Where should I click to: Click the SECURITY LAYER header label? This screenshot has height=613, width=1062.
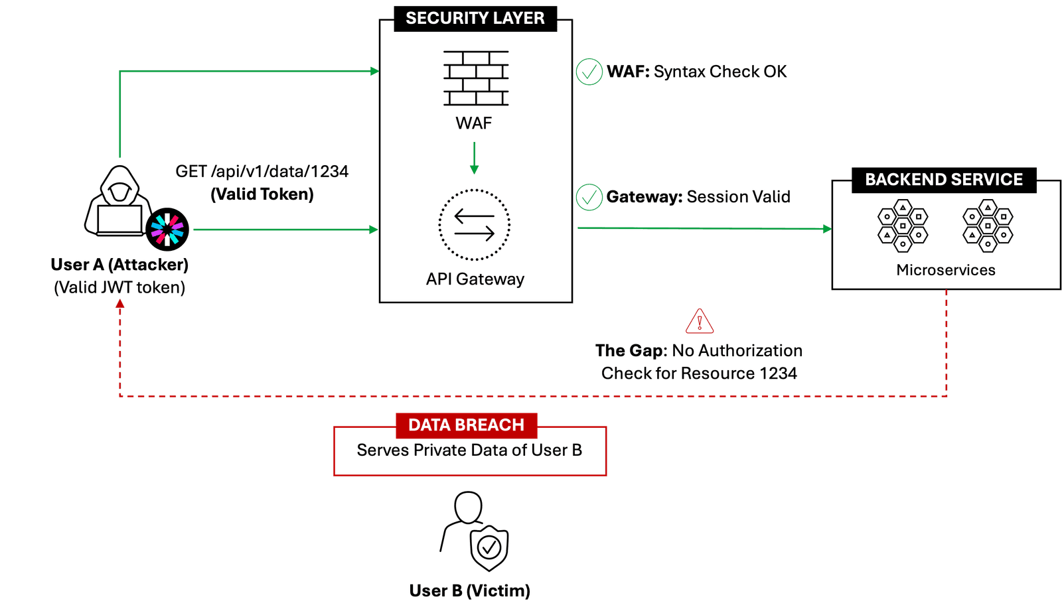[475, 19]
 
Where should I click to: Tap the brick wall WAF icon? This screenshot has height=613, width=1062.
[476, 78]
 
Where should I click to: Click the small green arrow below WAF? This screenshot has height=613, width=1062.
[474, 159]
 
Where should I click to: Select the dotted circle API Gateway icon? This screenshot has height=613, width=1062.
[475, 225]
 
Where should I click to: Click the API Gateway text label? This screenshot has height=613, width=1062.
[475, 279]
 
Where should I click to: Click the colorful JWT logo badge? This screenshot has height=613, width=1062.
[167, 230]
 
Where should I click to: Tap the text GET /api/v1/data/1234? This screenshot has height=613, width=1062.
[262, 171]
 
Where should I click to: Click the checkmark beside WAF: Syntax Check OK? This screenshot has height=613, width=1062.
[589, 72]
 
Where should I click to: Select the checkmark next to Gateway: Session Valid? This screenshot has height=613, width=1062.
[589, 197]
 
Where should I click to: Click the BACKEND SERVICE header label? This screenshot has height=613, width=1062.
[943, 180]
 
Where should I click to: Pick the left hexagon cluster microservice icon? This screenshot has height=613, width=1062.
[903, 226]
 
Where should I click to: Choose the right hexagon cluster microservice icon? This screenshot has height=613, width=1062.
[988, 226]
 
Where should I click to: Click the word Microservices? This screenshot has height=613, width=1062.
[946, 270]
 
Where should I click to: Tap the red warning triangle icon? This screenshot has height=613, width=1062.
[700, 322]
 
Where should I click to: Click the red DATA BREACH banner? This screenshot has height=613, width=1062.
[466, 425]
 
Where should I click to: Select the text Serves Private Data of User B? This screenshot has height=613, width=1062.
[469, 450]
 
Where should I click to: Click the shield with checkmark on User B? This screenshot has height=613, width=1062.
[489, 547]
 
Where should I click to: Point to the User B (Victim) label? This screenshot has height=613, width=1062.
[469, 590]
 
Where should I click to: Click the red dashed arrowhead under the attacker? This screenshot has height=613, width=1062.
[120, 305]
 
